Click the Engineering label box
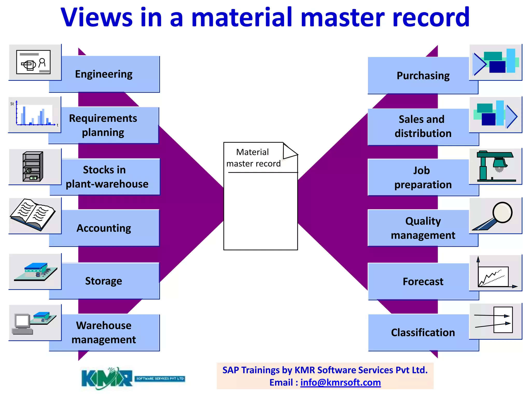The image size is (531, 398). click(104, 74)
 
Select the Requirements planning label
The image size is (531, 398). click(103, 125)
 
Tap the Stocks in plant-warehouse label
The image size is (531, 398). click(107, 177)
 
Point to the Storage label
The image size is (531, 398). click(104, 281)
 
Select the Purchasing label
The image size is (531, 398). click(423, 76)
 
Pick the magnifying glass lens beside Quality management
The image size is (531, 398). click(502, 212)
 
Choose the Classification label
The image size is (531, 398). click(423, 333)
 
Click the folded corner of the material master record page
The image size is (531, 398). click(289, 151)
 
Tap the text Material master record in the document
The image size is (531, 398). click(253, 158)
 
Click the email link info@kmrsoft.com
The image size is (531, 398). click(340, 383)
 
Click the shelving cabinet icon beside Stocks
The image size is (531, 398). click(33, 167)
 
